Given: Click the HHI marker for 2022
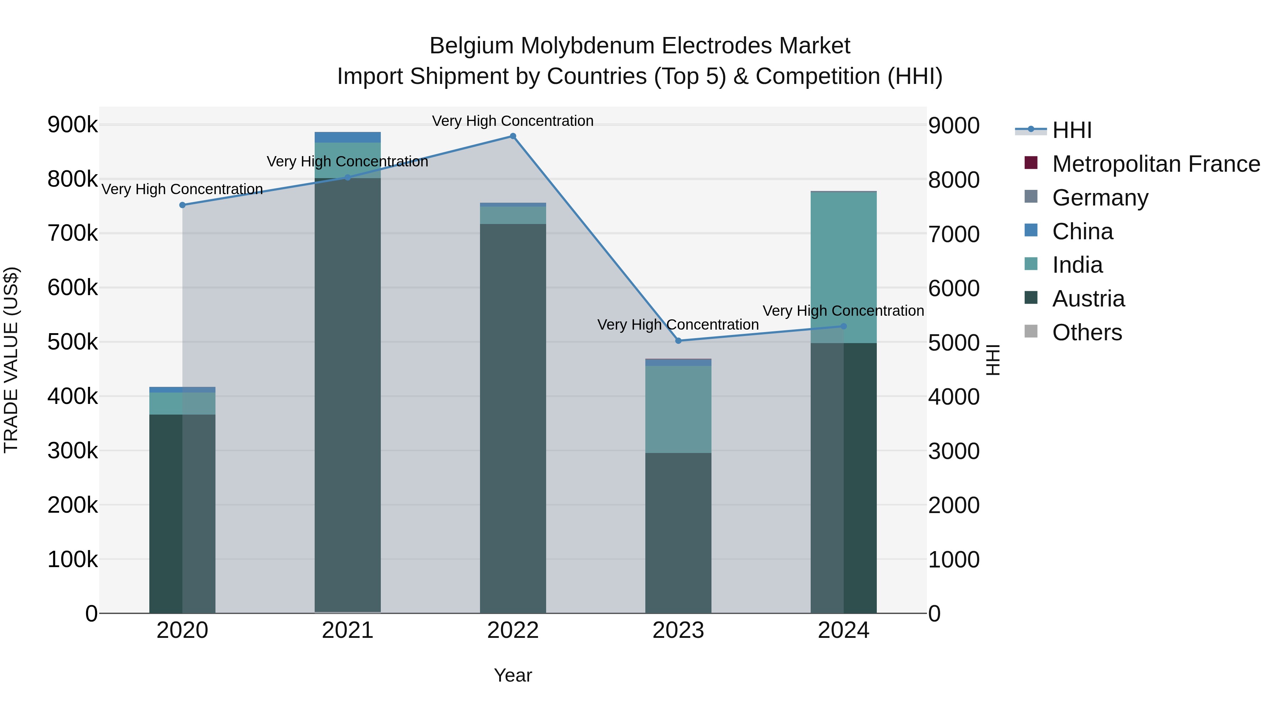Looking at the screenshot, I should tap(513, 136).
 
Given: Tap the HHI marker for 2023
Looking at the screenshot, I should tap(678, 341).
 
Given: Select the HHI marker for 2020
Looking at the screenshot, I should tap(182, 205).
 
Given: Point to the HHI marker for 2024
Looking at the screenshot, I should tap(843, 326).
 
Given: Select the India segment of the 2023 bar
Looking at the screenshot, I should tap(678, 410).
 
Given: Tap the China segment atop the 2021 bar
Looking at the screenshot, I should tap(348, 137).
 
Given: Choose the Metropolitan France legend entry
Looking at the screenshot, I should tap(1156, 164).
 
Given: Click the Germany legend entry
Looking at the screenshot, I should tap(1100, 198).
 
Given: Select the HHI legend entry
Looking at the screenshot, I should tap(1072, 130).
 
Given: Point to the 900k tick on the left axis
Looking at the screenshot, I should tap(73, 125).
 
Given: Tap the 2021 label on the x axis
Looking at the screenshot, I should tap(348, 630).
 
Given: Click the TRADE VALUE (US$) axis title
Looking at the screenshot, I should tap(11, 360).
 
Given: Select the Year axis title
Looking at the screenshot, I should tap(513, 675).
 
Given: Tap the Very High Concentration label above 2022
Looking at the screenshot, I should tap(512, 121).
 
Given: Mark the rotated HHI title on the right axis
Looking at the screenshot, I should tap(992, 360).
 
